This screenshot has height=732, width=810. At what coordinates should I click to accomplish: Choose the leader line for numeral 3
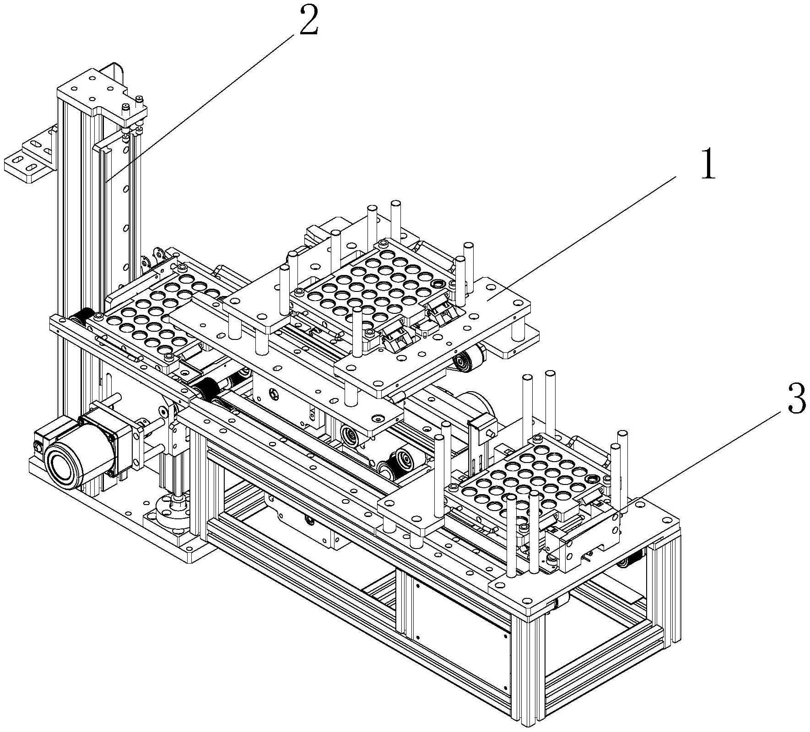pyautogui.click(x=709, y=448)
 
